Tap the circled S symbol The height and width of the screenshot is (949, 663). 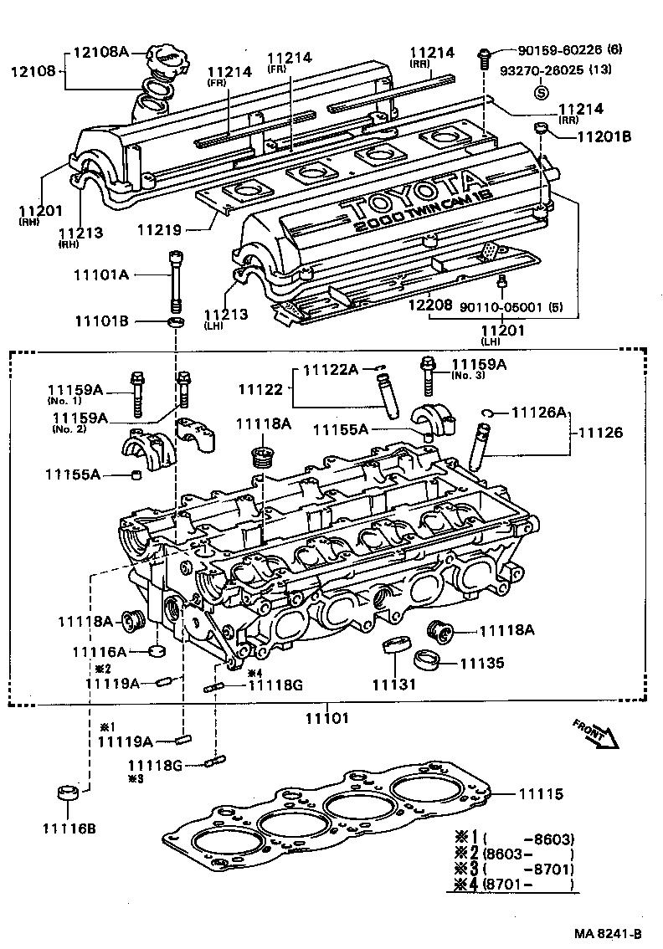pyautogui.click(x=541, y=92)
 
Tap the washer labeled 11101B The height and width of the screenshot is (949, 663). pyautogui.click(x=175, y=322)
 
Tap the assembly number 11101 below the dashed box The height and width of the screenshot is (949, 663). pyautogui.click(x=326, y=718)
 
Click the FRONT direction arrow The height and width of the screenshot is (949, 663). pyautogui.click(x=595, y=731)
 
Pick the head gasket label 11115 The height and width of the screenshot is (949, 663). pyautogui.click(x=541, y=794)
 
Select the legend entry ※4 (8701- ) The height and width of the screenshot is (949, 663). pyautogui.click(x=512, y=884)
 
